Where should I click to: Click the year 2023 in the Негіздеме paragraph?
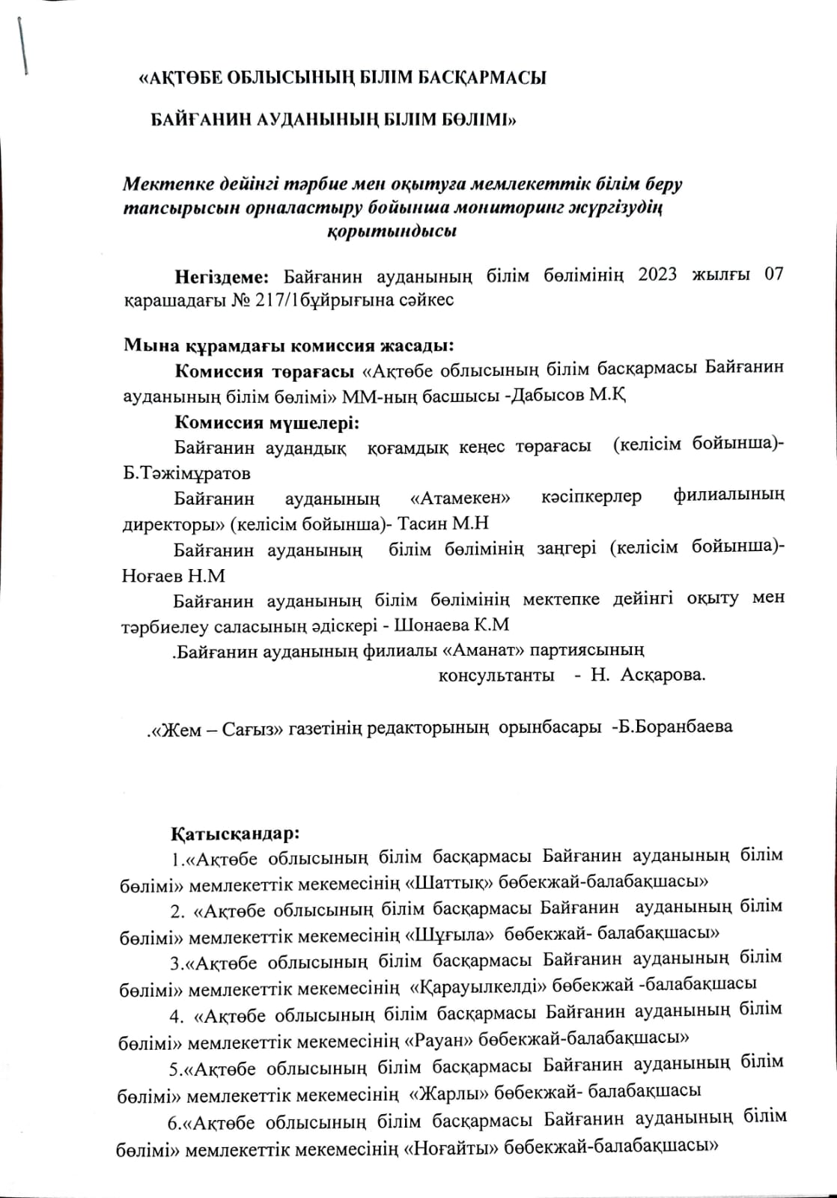657,274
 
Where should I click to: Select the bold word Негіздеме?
222,275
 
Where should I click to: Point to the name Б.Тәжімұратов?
186,474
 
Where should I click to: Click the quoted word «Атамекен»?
460,497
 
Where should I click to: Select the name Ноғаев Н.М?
173,576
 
